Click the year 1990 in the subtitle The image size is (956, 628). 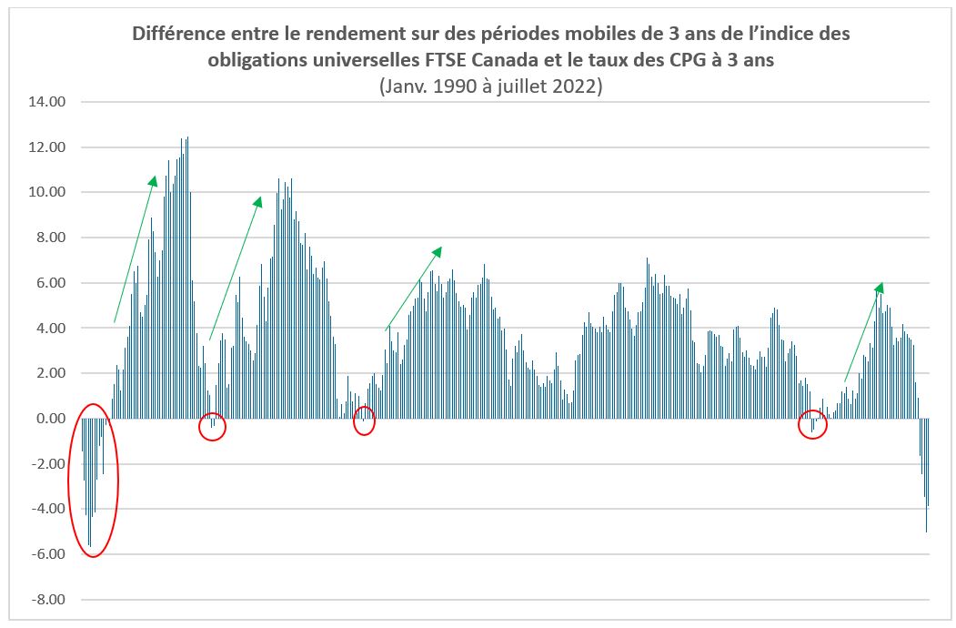[449, 86]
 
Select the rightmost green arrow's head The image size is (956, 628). [880, 287]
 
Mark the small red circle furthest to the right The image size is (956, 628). [812, 425]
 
